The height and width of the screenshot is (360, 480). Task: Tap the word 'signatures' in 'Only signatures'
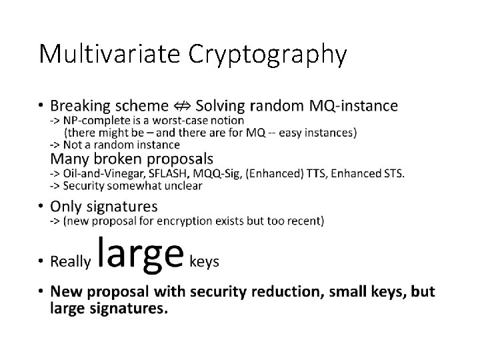pyautogui.click(x=124, y=206)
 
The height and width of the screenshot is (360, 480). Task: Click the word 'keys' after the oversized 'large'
pyautogui.click(x=205, y=261)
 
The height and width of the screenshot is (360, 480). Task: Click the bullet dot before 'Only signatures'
pyautogui.click(x=42, y=206)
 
